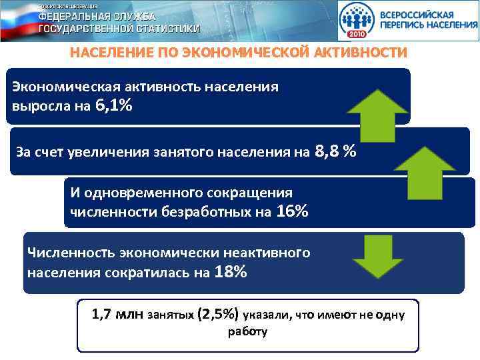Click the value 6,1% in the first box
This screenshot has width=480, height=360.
point(113,105)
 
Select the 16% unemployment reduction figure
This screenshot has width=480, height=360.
point(291,211)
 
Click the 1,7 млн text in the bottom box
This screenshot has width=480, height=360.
point(117,314)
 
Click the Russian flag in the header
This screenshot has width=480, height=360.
point(17,20)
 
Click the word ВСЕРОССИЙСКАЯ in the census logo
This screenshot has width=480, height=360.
point(417,14)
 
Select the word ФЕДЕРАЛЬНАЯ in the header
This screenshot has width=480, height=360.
point(77,16)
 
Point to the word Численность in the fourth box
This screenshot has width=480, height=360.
point(71,253)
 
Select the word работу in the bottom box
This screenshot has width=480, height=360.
point(247,331)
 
